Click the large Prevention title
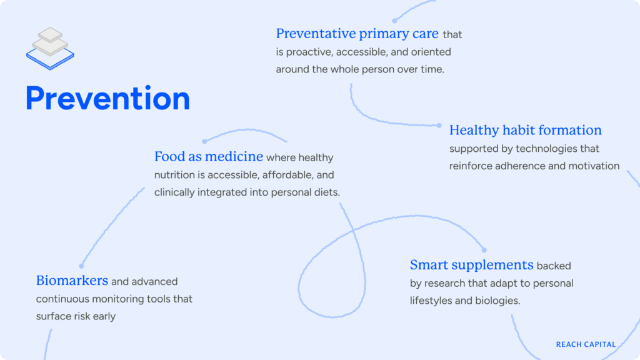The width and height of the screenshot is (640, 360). click(107, 99)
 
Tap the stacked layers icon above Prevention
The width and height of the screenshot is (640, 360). click(50, 47)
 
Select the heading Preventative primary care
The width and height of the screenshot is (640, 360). click(357, 34)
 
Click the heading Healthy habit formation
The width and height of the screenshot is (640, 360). click(525, 131)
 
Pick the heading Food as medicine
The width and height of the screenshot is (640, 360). click(208, 157)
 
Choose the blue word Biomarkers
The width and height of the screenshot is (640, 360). click(72, 281)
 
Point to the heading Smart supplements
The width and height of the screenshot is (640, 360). click(471, 265)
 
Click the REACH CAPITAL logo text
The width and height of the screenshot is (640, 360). click(586, 344)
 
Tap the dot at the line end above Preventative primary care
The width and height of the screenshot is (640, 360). click(394, 21)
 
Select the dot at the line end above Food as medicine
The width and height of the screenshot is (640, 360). click(204, 141)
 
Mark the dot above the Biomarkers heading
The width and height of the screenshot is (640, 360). click(81, 266)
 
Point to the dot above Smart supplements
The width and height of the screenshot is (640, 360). click(484, 250)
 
